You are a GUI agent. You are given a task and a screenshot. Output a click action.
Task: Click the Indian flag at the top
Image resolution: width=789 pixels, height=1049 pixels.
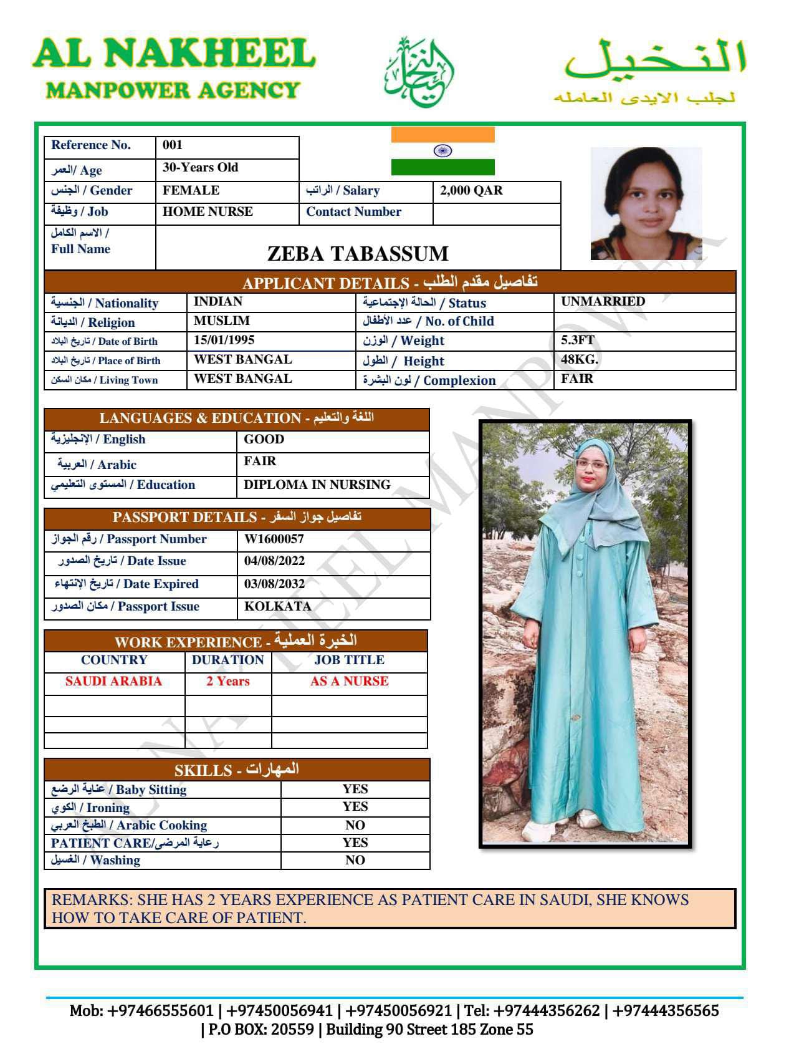pyautogui.click(x=442, y=151)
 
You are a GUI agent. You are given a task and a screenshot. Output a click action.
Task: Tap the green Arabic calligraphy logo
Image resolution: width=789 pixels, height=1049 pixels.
pyautogui.click(x=418, y=72)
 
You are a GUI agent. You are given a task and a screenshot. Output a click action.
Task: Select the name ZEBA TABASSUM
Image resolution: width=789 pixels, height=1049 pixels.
pyautogui.click(x=358, y=254)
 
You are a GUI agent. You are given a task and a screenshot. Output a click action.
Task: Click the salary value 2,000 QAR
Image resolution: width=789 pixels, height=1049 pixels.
pyautogui.click(x=471, y=191)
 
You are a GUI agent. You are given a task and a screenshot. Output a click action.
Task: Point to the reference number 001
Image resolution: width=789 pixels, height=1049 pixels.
pyautogui.click(x=173, y=145)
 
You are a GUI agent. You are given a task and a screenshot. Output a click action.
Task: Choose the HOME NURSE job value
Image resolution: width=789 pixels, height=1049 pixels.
pyautogui.click(x=208, y=212)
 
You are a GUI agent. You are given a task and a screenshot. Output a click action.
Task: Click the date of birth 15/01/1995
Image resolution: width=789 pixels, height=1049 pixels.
pyautogui.click(x=224, y=341)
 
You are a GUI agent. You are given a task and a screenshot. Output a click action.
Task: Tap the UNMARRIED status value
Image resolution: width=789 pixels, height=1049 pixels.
pyautogui.click(x=603, y=302)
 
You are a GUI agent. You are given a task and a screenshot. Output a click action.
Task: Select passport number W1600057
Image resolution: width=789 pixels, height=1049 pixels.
pyautogui.click(x=274, y=539)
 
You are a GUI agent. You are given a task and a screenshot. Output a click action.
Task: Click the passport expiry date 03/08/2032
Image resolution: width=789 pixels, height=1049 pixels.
pyautogui.click(x=274, y=584)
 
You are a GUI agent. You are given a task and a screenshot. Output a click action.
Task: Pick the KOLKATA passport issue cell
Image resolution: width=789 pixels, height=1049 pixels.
pyautogui.click(x=277, y=607)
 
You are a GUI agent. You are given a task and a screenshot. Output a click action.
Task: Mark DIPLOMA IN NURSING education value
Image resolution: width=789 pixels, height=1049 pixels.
pyautogui.click(x=317, y=485)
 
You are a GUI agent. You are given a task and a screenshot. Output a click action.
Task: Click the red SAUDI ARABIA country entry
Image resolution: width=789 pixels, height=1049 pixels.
pyautogui.click(x=113, y=682)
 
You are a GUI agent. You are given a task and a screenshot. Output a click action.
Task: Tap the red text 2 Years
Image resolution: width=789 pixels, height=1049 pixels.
pyautogui.click(x=228, y=682)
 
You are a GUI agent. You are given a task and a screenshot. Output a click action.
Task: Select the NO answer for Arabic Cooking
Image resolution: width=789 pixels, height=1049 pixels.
pyautogui.click(x=355, y=826)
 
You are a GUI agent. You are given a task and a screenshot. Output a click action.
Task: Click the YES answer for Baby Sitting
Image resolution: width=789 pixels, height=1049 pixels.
pyautogui.click(x=355, y=790)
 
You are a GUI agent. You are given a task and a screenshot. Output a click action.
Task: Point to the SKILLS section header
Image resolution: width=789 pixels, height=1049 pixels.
pyautogui.click(x=237, y=770)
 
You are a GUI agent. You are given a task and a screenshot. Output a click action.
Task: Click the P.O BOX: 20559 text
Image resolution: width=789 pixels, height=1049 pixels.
pyautogui.click(x=257, y=1029)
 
